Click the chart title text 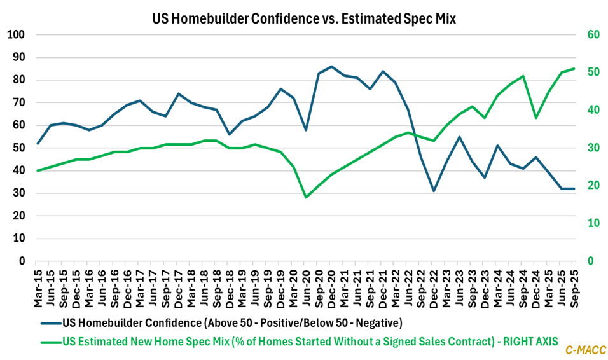(303, 19)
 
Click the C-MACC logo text (584, 349)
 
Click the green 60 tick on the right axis (593, 34)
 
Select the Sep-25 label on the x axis (574, 280)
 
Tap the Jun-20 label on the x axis (306, 280)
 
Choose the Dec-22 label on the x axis (434, 280)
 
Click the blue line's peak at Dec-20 (331, 66)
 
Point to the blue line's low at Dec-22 (434, 191)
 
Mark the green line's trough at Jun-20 (306, 197)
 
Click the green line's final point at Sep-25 (574, 69)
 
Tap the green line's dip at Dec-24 (535, 118)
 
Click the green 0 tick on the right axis (590, 261)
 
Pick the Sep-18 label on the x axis (217, 280)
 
